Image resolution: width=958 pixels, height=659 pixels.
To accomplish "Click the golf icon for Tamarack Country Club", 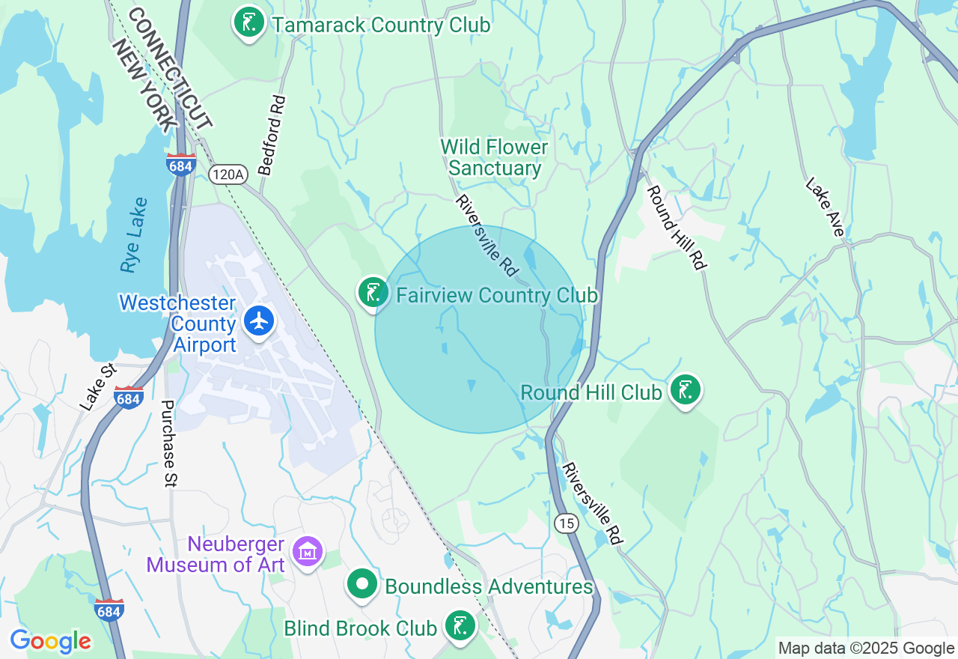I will [249, 22].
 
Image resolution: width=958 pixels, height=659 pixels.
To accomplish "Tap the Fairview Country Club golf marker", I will [373, 293].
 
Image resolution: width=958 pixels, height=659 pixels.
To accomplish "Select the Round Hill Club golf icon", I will [685, 390].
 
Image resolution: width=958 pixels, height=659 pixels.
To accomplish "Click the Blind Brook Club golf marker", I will [460, 626].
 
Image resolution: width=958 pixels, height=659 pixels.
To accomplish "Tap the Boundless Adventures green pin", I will [363, 585].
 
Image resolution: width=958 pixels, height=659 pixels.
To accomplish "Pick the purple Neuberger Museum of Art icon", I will [308, 553].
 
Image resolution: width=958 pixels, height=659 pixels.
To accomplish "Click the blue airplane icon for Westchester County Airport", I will [260, 321].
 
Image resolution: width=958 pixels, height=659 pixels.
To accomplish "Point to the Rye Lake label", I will [132, 234].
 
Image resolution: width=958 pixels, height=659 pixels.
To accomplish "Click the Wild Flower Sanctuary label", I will [494, 157].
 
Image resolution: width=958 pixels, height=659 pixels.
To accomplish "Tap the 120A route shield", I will [228, 174].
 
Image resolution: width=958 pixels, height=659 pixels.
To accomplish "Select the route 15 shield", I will [567, 523].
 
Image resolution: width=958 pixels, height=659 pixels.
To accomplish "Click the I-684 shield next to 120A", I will [181, 165].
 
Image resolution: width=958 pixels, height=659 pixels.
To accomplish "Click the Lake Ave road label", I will [826, 207].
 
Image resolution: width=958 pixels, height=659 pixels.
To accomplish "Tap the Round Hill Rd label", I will [677, 227].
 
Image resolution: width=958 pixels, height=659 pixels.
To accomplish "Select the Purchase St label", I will [168, 444].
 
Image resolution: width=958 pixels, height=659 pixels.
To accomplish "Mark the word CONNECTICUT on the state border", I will [171, 68].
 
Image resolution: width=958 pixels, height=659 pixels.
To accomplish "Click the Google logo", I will [50, 641].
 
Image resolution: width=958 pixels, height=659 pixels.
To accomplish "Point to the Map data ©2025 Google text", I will [866, 649].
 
